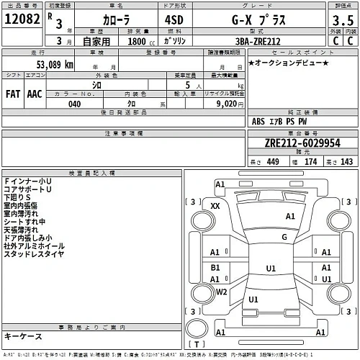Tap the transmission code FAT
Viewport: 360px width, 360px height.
[x=13, y=94]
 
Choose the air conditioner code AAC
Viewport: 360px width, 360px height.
[x=34, y=94]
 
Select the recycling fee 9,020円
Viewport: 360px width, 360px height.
[x=232, y=103]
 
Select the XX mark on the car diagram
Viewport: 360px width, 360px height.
[x=215, y=207]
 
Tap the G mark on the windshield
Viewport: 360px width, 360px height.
[x=284, y=236]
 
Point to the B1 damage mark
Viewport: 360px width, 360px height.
[x=215, y=269]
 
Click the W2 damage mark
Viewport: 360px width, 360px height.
[x=222, y=292]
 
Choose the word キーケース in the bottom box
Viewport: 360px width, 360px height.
[x=23, y=337]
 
